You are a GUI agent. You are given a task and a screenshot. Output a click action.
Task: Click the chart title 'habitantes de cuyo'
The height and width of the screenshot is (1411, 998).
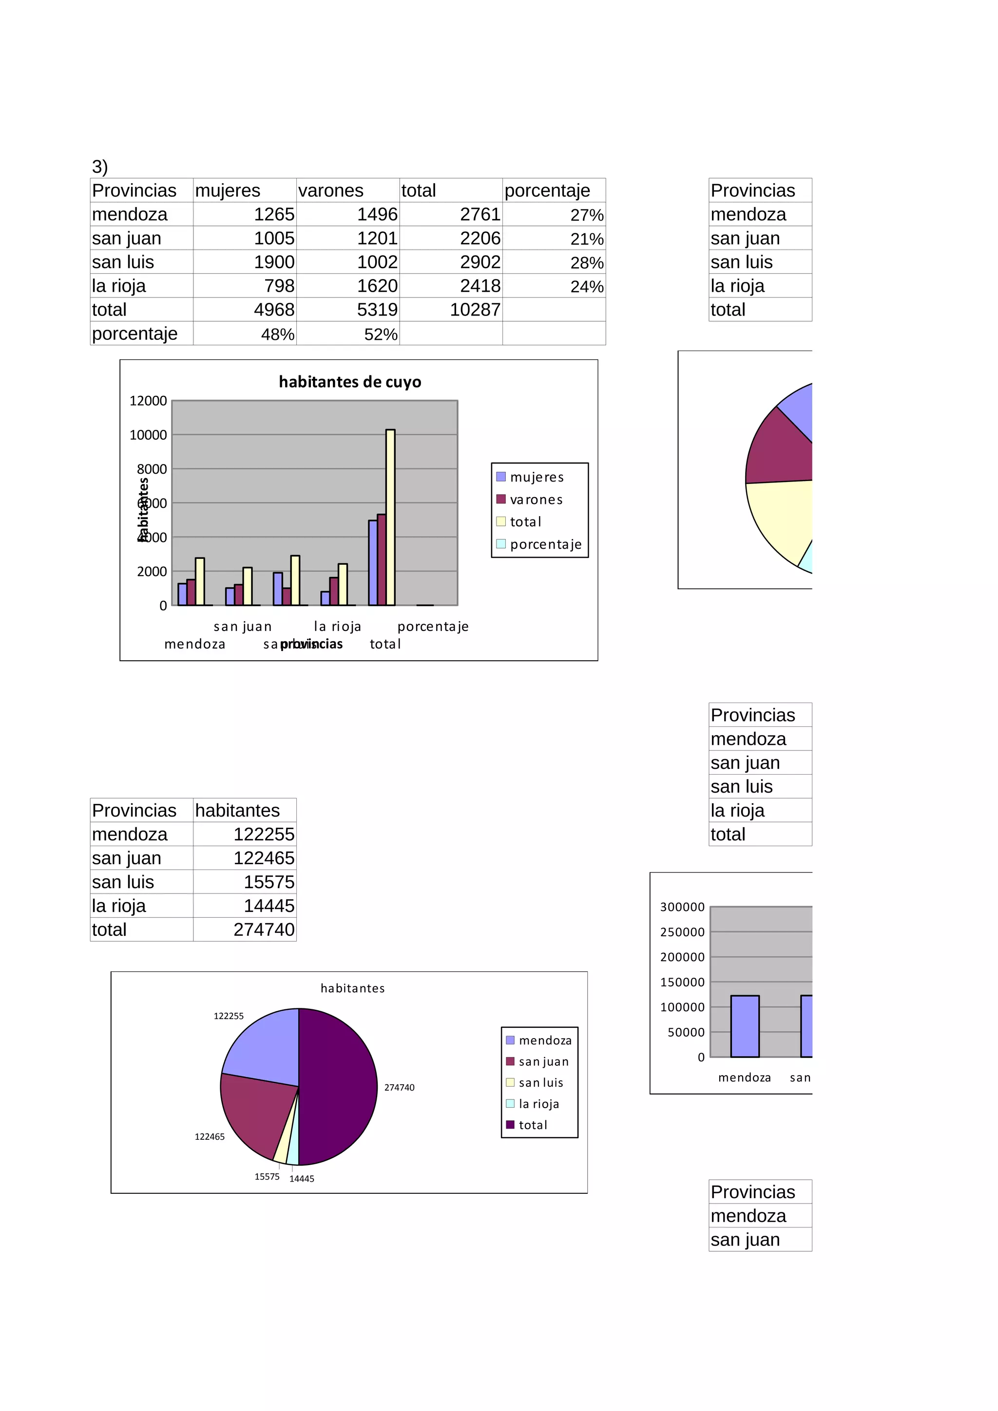[x=350, y=382]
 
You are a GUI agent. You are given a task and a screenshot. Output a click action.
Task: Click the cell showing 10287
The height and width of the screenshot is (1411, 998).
[x=475, y=310]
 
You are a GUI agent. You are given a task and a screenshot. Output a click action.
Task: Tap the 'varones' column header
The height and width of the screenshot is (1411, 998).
[x=331, y=190]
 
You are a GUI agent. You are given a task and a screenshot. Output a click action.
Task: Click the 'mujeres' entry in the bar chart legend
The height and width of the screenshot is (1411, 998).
[x=536, y=477]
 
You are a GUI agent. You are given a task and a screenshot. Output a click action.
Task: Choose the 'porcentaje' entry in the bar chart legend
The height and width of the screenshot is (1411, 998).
[x=545, y=544]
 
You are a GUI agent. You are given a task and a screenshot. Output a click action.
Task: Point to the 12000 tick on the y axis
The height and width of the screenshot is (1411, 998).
[x=148, y=401]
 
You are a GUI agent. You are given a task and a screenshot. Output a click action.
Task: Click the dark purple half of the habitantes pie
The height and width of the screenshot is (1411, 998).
[x=338, y=1087]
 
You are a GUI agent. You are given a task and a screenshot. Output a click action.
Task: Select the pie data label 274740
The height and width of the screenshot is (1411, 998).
[x=399, y=1087]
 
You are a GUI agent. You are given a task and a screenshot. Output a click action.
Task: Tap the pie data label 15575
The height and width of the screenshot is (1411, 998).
[x=267, y=1176]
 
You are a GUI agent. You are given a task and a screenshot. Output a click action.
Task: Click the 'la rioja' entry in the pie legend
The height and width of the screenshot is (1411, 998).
[x=538, y=1104]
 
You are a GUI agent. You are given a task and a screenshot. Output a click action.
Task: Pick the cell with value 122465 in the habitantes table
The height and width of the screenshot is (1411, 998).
[x=264, y=858]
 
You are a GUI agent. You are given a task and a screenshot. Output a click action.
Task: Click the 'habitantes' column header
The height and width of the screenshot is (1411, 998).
[x=237, y=810]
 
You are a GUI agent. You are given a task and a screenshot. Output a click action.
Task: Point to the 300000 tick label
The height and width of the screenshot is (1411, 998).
[x=682, y=907]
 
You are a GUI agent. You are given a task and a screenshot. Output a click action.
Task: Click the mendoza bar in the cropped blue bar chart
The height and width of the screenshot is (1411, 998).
[x=745, y=1026]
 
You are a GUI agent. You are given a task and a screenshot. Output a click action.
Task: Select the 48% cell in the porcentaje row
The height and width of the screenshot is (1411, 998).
[x=277, y=334]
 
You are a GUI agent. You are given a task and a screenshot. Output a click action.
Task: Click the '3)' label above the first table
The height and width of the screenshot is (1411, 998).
[x=99, y=167]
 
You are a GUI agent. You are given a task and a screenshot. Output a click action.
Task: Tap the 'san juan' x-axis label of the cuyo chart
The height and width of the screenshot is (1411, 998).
[x=242, y=626]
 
